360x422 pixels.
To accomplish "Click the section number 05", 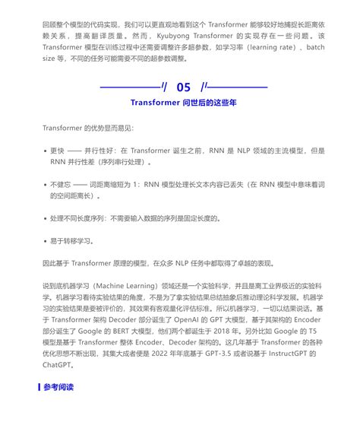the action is coord(183,87).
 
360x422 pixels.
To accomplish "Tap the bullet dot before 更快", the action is coord(45,151).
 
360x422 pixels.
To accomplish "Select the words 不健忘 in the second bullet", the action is coord(61,184).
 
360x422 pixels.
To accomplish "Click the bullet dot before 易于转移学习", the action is coord(45,240).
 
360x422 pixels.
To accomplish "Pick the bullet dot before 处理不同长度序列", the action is coord(45,218).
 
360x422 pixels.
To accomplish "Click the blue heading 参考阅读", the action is coord(59,408).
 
